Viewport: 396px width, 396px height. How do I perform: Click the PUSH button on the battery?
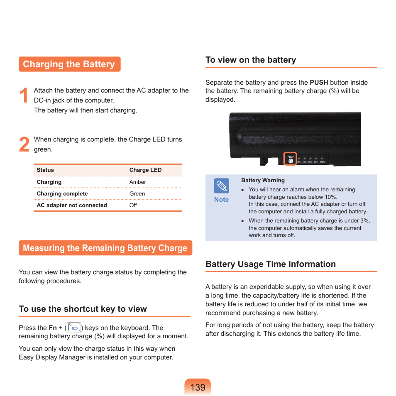291,161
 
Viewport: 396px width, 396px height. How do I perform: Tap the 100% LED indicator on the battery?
322,159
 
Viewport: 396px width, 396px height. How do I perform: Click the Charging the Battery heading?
69,64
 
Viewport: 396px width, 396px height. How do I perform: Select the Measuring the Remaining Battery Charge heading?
105,248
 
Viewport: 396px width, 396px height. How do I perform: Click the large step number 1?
24,96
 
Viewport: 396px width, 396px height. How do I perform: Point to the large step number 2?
24,145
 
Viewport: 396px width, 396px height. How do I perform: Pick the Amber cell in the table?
138,182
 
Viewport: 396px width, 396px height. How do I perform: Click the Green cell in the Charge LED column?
137,193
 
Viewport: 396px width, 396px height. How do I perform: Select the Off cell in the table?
133,205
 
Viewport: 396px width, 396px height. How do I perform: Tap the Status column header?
45,170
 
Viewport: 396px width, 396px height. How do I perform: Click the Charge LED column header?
145,170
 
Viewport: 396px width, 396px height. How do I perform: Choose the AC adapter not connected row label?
72,205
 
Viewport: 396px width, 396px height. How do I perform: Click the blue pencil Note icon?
222,186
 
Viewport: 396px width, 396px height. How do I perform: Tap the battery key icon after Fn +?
74,328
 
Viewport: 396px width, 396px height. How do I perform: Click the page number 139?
198,387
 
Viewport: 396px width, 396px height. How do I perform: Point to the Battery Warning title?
263,181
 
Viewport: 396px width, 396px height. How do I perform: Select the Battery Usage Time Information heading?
271,264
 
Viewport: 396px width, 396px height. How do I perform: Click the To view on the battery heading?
251,60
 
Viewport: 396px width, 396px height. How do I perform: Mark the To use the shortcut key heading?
83,309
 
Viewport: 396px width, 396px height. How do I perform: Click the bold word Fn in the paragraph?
53,328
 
